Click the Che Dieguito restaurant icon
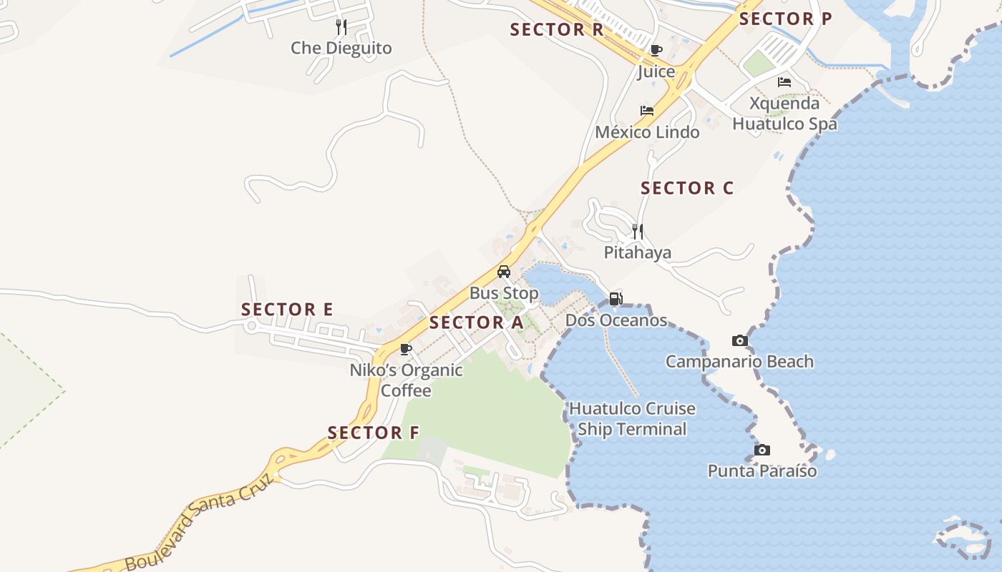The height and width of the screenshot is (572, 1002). coord(341,27)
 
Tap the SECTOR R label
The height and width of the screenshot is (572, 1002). coord(557,30)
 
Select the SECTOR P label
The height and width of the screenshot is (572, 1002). coord(785,19)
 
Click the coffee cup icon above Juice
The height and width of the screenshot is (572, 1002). coord(656,51)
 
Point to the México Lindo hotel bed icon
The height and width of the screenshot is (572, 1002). coord(647,111)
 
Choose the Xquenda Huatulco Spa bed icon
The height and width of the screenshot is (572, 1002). coord(784,82)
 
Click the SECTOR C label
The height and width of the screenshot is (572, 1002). coord(687,188)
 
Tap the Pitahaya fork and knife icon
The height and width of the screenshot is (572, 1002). coord(638,231)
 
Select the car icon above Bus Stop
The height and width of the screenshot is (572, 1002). coord(504,272)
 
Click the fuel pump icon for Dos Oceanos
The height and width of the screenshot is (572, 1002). coord(616,299)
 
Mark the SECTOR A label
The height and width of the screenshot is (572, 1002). coord(477,322)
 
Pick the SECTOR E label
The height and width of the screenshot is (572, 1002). coord(287,310)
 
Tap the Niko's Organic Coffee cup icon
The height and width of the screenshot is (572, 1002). coord(406,349)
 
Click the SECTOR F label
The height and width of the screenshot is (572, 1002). coord(373,433)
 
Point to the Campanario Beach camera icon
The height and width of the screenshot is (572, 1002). coord(739,340)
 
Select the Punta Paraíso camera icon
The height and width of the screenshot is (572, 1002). coord(762,450)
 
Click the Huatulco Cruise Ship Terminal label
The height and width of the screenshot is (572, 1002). coord(632,419)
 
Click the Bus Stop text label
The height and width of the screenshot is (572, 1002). coord(504,293)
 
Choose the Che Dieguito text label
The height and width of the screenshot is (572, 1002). coord(341,48)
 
